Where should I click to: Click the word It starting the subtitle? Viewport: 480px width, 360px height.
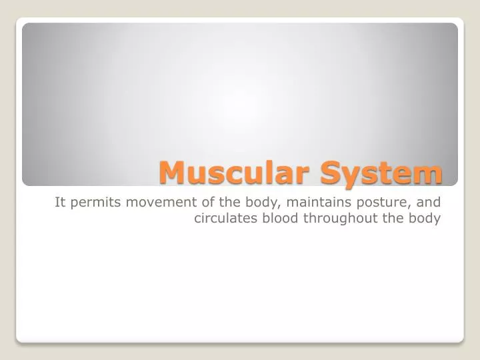click(60, 202)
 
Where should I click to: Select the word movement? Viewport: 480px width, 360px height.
click(151, 202)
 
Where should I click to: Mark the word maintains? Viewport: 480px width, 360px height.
click(297, 202)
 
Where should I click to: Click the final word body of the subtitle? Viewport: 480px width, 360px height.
click(427, 219)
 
